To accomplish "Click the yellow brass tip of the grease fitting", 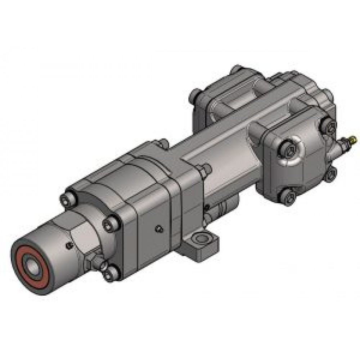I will point(354,137).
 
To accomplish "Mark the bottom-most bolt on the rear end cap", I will point(289,197).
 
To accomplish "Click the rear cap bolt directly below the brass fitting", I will point(330,175).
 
